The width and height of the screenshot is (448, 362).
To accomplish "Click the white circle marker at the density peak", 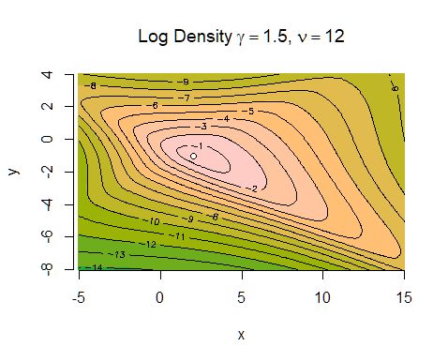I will pyautogui.click(x=193, y=156).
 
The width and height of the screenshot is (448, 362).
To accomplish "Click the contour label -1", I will pyautogui.click(x=197, y=146).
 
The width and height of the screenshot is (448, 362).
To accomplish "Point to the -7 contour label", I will pyautogui.click(x=186, y=98).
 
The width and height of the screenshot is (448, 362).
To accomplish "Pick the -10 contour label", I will pyautogui.click(x=154, y=221).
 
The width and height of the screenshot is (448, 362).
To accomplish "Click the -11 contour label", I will pyautogui.click(x=181, y=235).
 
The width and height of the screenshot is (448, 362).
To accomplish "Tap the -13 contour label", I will pyautogui.click(x=118, y=254).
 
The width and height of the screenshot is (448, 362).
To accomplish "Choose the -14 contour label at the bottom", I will pyautogui.click(x=97, y=267).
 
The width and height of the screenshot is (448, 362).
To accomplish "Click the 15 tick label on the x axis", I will pyautogui.click(x=404, y=298).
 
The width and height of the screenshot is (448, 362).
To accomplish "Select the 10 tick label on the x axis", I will pyautogui.click(x=322, y=298).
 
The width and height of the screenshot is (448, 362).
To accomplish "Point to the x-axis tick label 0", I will pyautogui.click(x=160, y=298).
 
